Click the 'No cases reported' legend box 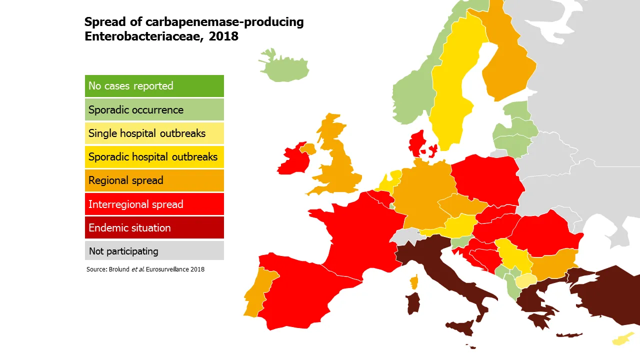click(154, 86)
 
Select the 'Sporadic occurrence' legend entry click(154, 110)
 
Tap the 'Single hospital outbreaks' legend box click(154, 133)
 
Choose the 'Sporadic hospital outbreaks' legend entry click(154, 157)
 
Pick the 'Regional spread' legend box click(154, 180)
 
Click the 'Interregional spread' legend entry click(154, 204)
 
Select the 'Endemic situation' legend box click(154, 228)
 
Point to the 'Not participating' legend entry click(154, 251)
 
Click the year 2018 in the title click(223, 36)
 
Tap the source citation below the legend click(145, 269)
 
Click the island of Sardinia click(413, 303)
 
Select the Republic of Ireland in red click(291, 160)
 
